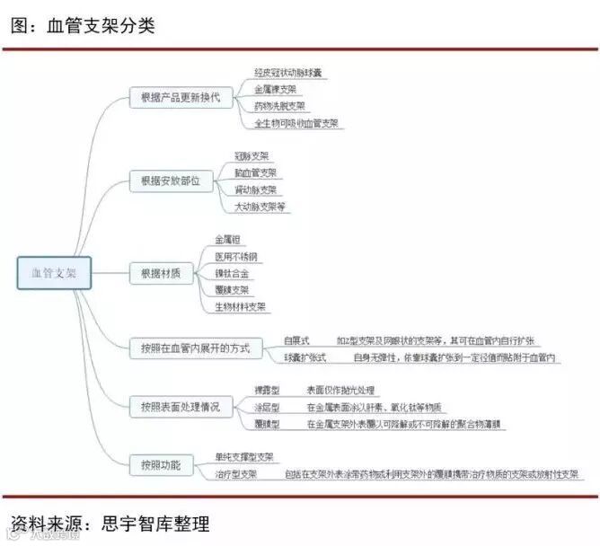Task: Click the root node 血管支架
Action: click(54, 273)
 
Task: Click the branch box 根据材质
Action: click(161, 273)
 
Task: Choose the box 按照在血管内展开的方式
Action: click(195, 348)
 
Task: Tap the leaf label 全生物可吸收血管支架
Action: click(296, 123)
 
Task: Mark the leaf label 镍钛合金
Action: click(232, 273)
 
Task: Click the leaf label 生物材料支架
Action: click(240, 306)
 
